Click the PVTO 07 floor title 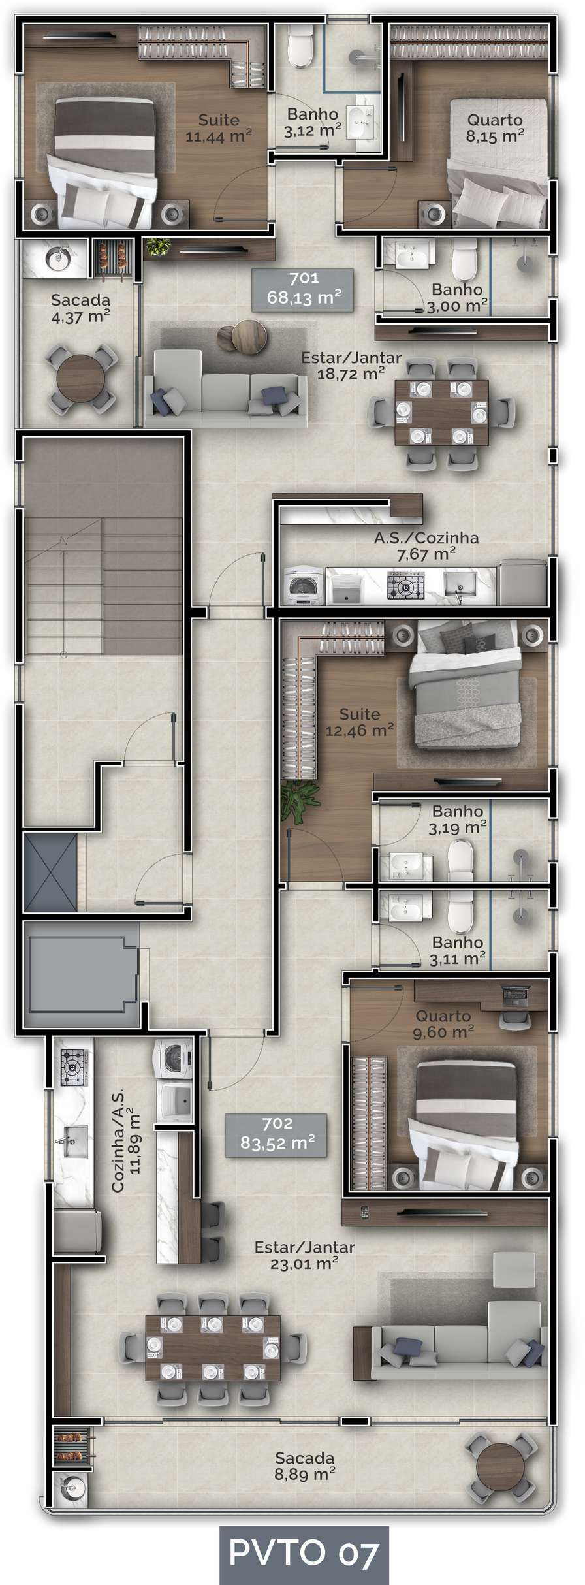tap(304, 1555)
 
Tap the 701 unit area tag tap(304, 289)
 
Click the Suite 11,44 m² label tap(219, 128)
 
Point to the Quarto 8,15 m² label tap(495, 128)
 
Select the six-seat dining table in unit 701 tap(442, 412)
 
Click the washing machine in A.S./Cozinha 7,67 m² tap(304, 586)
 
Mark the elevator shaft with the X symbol tap(50, 872)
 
